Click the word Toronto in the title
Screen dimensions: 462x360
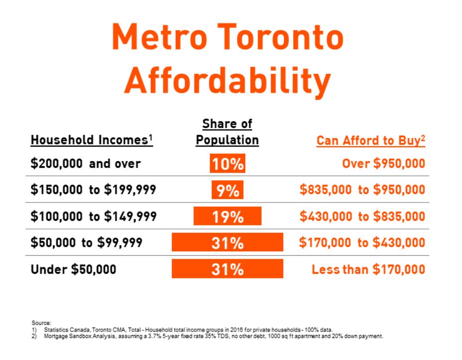tap(281, 37)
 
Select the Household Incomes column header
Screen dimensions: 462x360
tap(92, 140)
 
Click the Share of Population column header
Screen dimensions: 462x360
tap(227, 132)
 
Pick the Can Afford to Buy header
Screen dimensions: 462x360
tap(371, 140)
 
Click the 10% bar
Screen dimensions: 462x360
tap(227, 164)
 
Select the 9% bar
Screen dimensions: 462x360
tap(227, 190)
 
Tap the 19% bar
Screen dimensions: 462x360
tap(227, 216)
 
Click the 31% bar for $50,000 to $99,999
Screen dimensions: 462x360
tap(227, 242)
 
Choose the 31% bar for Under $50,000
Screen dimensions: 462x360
tap(227, 269)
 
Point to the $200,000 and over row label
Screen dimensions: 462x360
tap(86, 164)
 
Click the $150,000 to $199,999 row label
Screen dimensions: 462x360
tap(93, 189)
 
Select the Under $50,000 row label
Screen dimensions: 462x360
tap(73, 269)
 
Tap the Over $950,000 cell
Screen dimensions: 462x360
tap(384, 164)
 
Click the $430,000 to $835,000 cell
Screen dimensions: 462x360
tap(362, 216)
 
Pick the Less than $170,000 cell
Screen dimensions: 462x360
tap(369, 269)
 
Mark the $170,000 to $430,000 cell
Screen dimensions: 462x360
tap(362, 242)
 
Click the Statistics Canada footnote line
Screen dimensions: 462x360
tap(182, 330)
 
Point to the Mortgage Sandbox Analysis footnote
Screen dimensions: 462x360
tap(208, 336)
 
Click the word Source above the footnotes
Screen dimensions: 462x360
tap(41, 323)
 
